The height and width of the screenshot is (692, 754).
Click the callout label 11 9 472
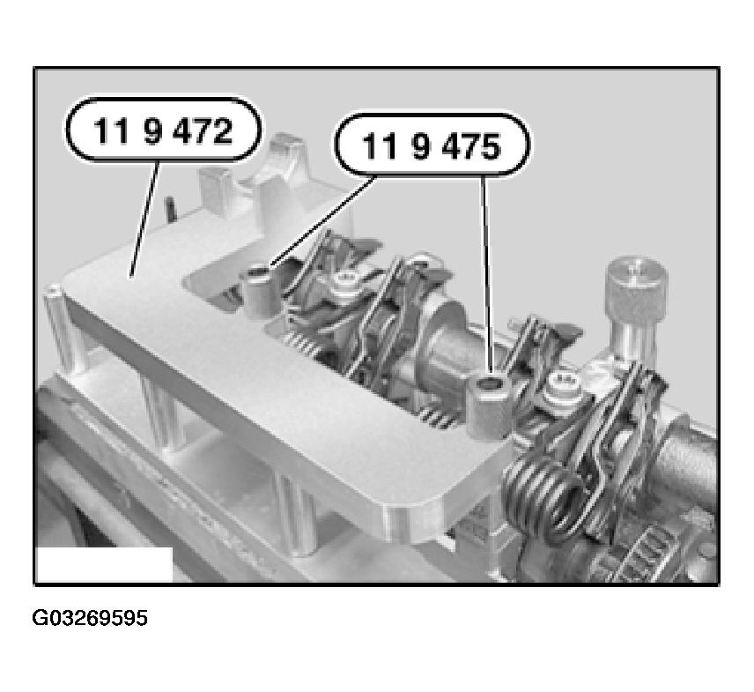click(x=164, y=129)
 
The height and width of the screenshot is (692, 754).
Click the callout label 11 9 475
click(x=432, y=145)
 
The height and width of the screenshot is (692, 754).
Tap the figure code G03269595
click(x=90, y=618)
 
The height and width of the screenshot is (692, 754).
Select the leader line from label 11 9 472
click(x=144, y=219)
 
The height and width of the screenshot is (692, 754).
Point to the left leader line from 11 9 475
click(x=322, y=221)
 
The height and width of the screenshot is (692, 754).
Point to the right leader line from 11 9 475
click(x=486, y=273)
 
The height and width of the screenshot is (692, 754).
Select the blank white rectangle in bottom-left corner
click(x=104, y=564)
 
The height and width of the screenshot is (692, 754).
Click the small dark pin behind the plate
click(x=170, y=208)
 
